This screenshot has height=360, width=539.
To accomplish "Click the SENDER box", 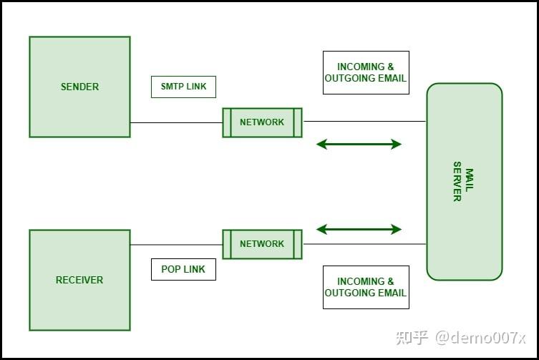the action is click(79, 87).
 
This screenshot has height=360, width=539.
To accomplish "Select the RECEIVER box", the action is click(79, 281).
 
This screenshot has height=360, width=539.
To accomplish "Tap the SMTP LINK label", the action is click(183, 87).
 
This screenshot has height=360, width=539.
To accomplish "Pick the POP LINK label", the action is click(183, 269).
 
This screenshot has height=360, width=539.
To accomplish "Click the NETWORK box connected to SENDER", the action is click(262, 122).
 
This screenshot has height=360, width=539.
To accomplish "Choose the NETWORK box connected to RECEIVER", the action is click(262, 244).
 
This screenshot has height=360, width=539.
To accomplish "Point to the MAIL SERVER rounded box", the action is click(465, 182).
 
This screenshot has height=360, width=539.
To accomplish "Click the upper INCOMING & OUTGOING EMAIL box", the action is click(366, 72).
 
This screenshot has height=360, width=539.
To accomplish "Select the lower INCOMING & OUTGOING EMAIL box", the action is click(366, 287).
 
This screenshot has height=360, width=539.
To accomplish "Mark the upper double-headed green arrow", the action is click(359, 144).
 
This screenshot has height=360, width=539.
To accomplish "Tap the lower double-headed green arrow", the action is click(359, 229).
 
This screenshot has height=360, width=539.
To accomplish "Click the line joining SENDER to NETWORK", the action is click(176, 122).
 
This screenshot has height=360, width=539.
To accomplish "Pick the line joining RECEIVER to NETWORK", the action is click(176, 245).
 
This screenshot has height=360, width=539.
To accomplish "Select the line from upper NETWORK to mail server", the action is click(365, 122).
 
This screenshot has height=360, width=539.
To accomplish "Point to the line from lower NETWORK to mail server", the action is click(365, 244).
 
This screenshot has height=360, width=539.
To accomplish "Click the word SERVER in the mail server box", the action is click(457, 182).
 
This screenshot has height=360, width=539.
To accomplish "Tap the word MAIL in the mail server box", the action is click(470, 180).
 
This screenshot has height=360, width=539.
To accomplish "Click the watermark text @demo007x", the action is click(480, 338).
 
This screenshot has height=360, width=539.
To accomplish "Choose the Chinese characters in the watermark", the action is click(412, 338).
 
